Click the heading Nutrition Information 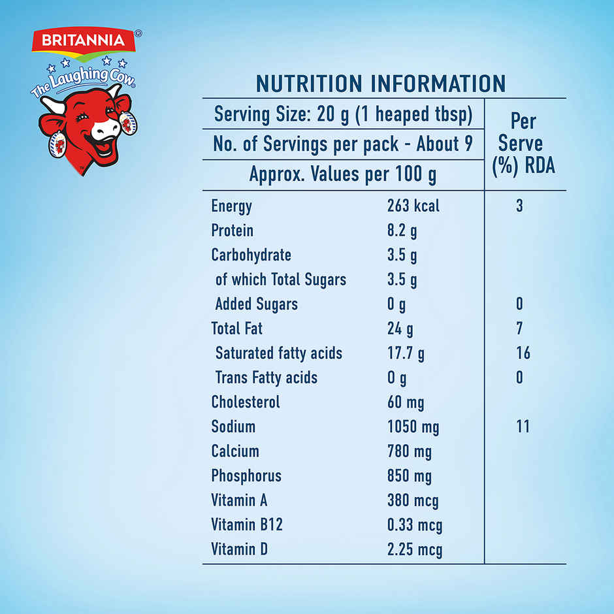pyautogui.click(x=380, y=84)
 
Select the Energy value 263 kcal pyautogui.click(x=413, y=206)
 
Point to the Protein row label pyautogui.click(x=232, y=231)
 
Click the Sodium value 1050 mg pyautogui.click(x=413, y=427)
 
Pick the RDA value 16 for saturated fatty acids pyautogui.click(x=523, y=353)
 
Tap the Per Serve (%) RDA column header pyautogui.click(x=523, y=143)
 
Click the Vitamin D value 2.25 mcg pyautogui.click(x=414, y=549)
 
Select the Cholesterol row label pyautogui.click(x=245, y=402)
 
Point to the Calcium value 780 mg pyautogui.click(x=409, y=451)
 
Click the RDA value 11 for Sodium pyautogui.click(x=523, y=427)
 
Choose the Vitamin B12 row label pyautogui.click(x=247, y=525)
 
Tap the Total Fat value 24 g pyautogui.click(x=400, y=329)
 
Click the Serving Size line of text pyautogui.click(x=343, y=115)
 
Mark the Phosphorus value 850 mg pyautogui.click(x=409, y=476)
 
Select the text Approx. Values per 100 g pyautogui.click(x=343, y=174)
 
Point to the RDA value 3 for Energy pyautogui.click(x=519, y=206)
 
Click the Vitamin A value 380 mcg pyautogui.click(x=412, y=500)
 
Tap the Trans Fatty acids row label pyautogui.click(x=266, y=378)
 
